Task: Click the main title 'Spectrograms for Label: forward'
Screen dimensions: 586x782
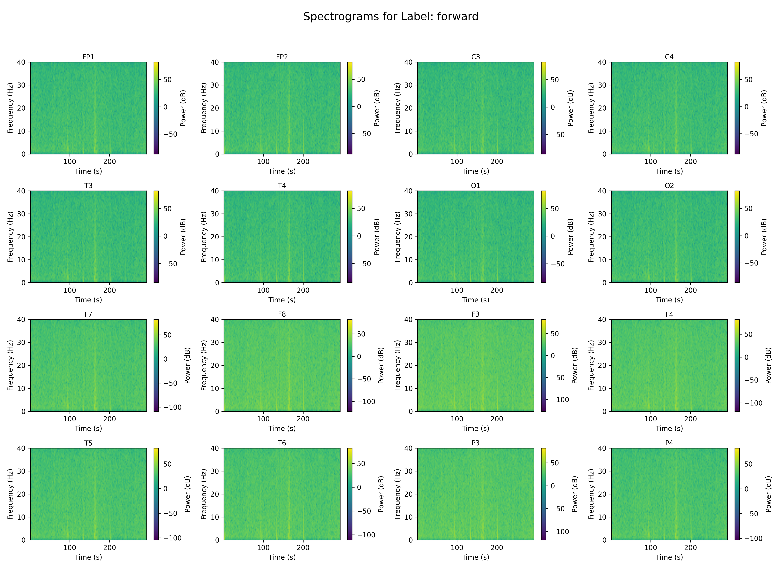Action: click(391, 17)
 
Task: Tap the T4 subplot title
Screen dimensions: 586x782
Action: click(282, 185)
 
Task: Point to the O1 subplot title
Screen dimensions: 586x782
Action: click(476, 185)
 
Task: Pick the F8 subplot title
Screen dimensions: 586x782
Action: click(282, 314)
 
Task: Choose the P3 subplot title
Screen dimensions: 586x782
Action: click(476, 443)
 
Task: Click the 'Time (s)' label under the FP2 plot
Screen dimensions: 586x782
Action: click(282, 171)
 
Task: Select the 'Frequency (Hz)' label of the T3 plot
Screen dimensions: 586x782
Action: click(10, 237)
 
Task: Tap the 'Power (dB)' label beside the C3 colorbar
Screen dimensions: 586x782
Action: click(570, 108)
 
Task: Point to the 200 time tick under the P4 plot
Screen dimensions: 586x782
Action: click(690, 547)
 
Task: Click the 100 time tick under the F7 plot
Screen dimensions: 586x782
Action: click(70, 419)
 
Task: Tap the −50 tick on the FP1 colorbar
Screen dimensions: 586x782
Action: click(170, 134)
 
